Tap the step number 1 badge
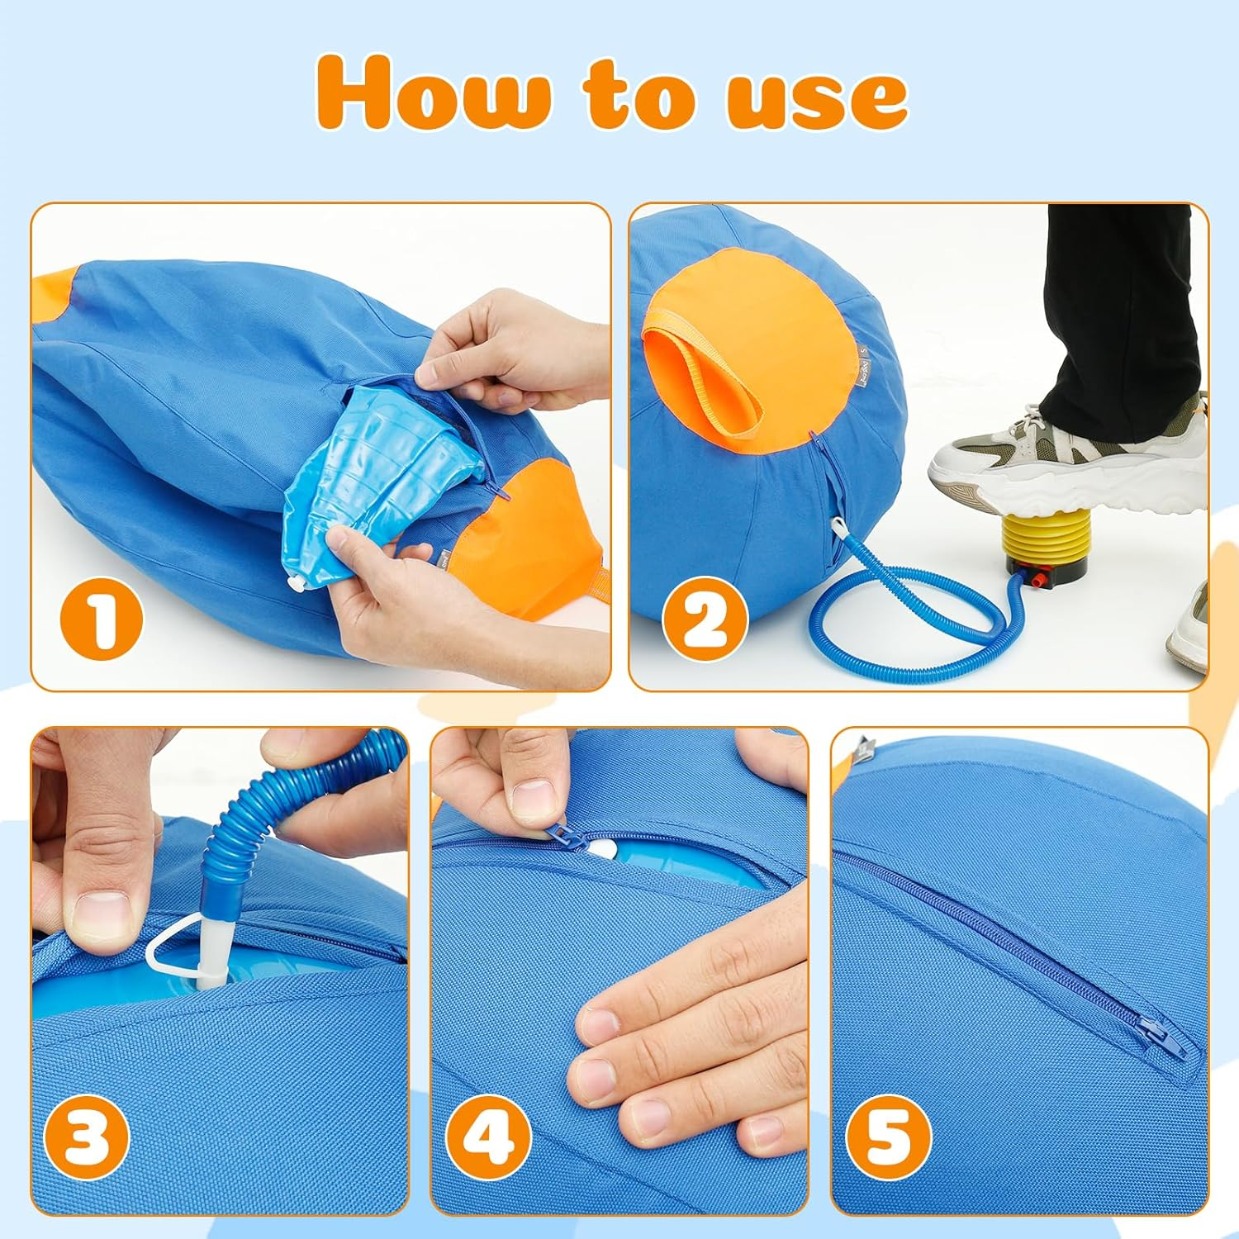[x=102, y=620]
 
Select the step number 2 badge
[x=705, y=620]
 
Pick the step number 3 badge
[x=87, y=1135]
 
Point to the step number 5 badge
[x=889, y=1135]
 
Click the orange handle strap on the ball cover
[x=702, y=363]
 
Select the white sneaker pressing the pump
[x=1066, y=463]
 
